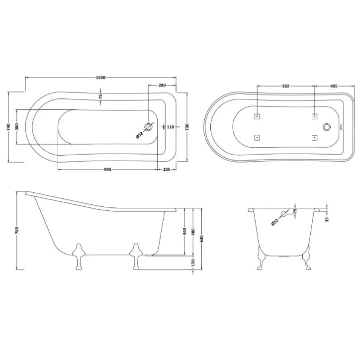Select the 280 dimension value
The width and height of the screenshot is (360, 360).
(x=162, y=86)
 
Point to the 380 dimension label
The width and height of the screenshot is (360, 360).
(x=17, y=127)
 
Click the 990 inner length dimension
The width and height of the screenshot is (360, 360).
(x=107, y=170)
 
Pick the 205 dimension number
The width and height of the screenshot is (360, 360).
(x=167, y=170)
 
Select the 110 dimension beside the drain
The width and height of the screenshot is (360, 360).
(x=170, y=127)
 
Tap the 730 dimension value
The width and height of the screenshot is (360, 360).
(x=186, y=127)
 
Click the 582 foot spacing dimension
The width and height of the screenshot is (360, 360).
(x=285, y=86)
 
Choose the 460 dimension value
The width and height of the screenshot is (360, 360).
(x=184, y=232)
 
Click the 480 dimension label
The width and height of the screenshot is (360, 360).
(x=193, y=232)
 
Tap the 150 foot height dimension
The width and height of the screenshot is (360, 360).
(x=193, y=263)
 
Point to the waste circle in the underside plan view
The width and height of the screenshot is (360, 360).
(x=327, y=127)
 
